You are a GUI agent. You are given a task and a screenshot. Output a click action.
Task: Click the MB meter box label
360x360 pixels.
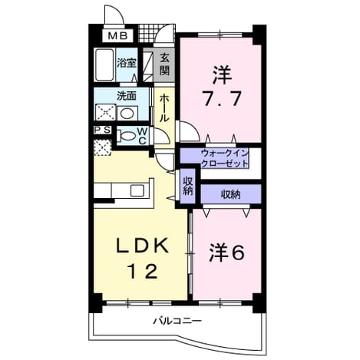(117, 36)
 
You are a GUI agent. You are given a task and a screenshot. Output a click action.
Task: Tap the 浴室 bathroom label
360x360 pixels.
(127, 63)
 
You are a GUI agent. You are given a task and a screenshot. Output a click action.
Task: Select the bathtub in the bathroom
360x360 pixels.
(104, 64)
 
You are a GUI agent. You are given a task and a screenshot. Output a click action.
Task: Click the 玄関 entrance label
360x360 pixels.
(165, 64)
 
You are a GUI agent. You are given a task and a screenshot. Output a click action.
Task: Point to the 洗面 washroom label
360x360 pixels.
(127, 96)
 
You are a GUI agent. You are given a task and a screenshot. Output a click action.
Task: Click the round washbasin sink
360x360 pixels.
(127, 114)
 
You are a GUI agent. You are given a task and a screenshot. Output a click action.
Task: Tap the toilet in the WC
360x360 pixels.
(127, 136)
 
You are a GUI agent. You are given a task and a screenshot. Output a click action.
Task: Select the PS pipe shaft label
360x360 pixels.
(102, 130)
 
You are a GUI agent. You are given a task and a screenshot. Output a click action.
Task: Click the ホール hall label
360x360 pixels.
(164, 108)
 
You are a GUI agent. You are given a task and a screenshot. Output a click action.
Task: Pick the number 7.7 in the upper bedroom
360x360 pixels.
(222, 98)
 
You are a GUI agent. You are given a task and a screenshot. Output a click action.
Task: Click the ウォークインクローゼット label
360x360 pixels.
(224, 159)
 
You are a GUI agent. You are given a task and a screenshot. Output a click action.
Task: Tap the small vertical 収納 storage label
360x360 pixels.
(187, 186)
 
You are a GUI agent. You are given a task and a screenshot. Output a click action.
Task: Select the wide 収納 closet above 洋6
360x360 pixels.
(230, 194)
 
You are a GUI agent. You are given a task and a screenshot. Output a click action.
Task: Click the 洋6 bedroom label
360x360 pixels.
(226, 253)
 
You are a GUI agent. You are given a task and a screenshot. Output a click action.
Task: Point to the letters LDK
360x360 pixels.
(142, 246)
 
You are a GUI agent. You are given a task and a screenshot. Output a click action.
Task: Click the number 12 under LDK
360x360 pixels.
(143, 272)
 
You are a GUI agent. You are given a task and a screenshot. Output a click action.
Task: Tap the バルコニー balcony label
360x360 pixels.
(177, 321)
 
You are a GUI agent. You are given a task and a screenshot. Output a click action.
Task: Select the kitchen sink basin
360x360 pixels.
(137, 190)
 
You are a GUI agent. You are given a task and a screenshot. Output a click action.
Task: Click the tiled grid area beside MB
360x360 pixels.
(147, 34)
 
